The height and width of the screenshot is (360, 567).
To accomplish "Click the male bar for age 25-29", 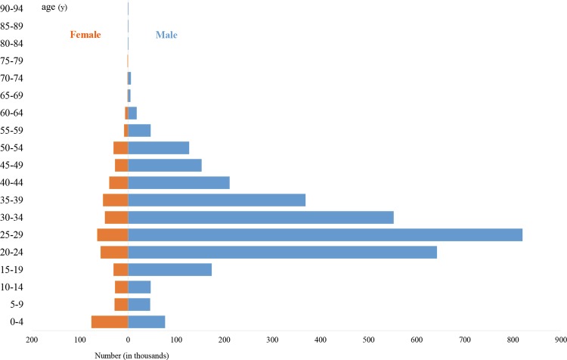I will [x=325, y=235].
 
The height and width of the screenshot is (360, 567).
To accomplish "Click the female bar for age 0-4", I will [x=110, y=322].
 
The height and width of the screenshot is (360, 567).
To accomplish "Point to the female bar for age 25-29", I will [x=113, y=235].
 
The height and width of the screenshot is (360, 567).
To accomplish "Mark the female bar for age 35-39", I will [x=116, y=200].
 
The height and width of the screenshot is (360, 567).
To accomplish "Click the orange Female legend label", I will [x=85, y=35].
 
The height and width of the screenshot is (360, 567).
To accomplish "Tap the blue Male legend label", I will [x=166, y=35].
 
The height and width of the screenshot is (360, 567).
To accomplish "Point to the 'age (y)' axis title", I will [x=57, y=8].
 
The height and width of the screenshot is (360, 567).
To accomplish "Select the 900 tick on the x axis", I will [x=561, y=341].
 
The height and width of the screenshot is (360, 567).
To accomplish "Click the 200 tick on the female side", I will [x=32, y=341].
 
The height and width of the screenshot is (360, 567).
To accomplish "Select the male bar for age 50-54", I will [x=159, y=147].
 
